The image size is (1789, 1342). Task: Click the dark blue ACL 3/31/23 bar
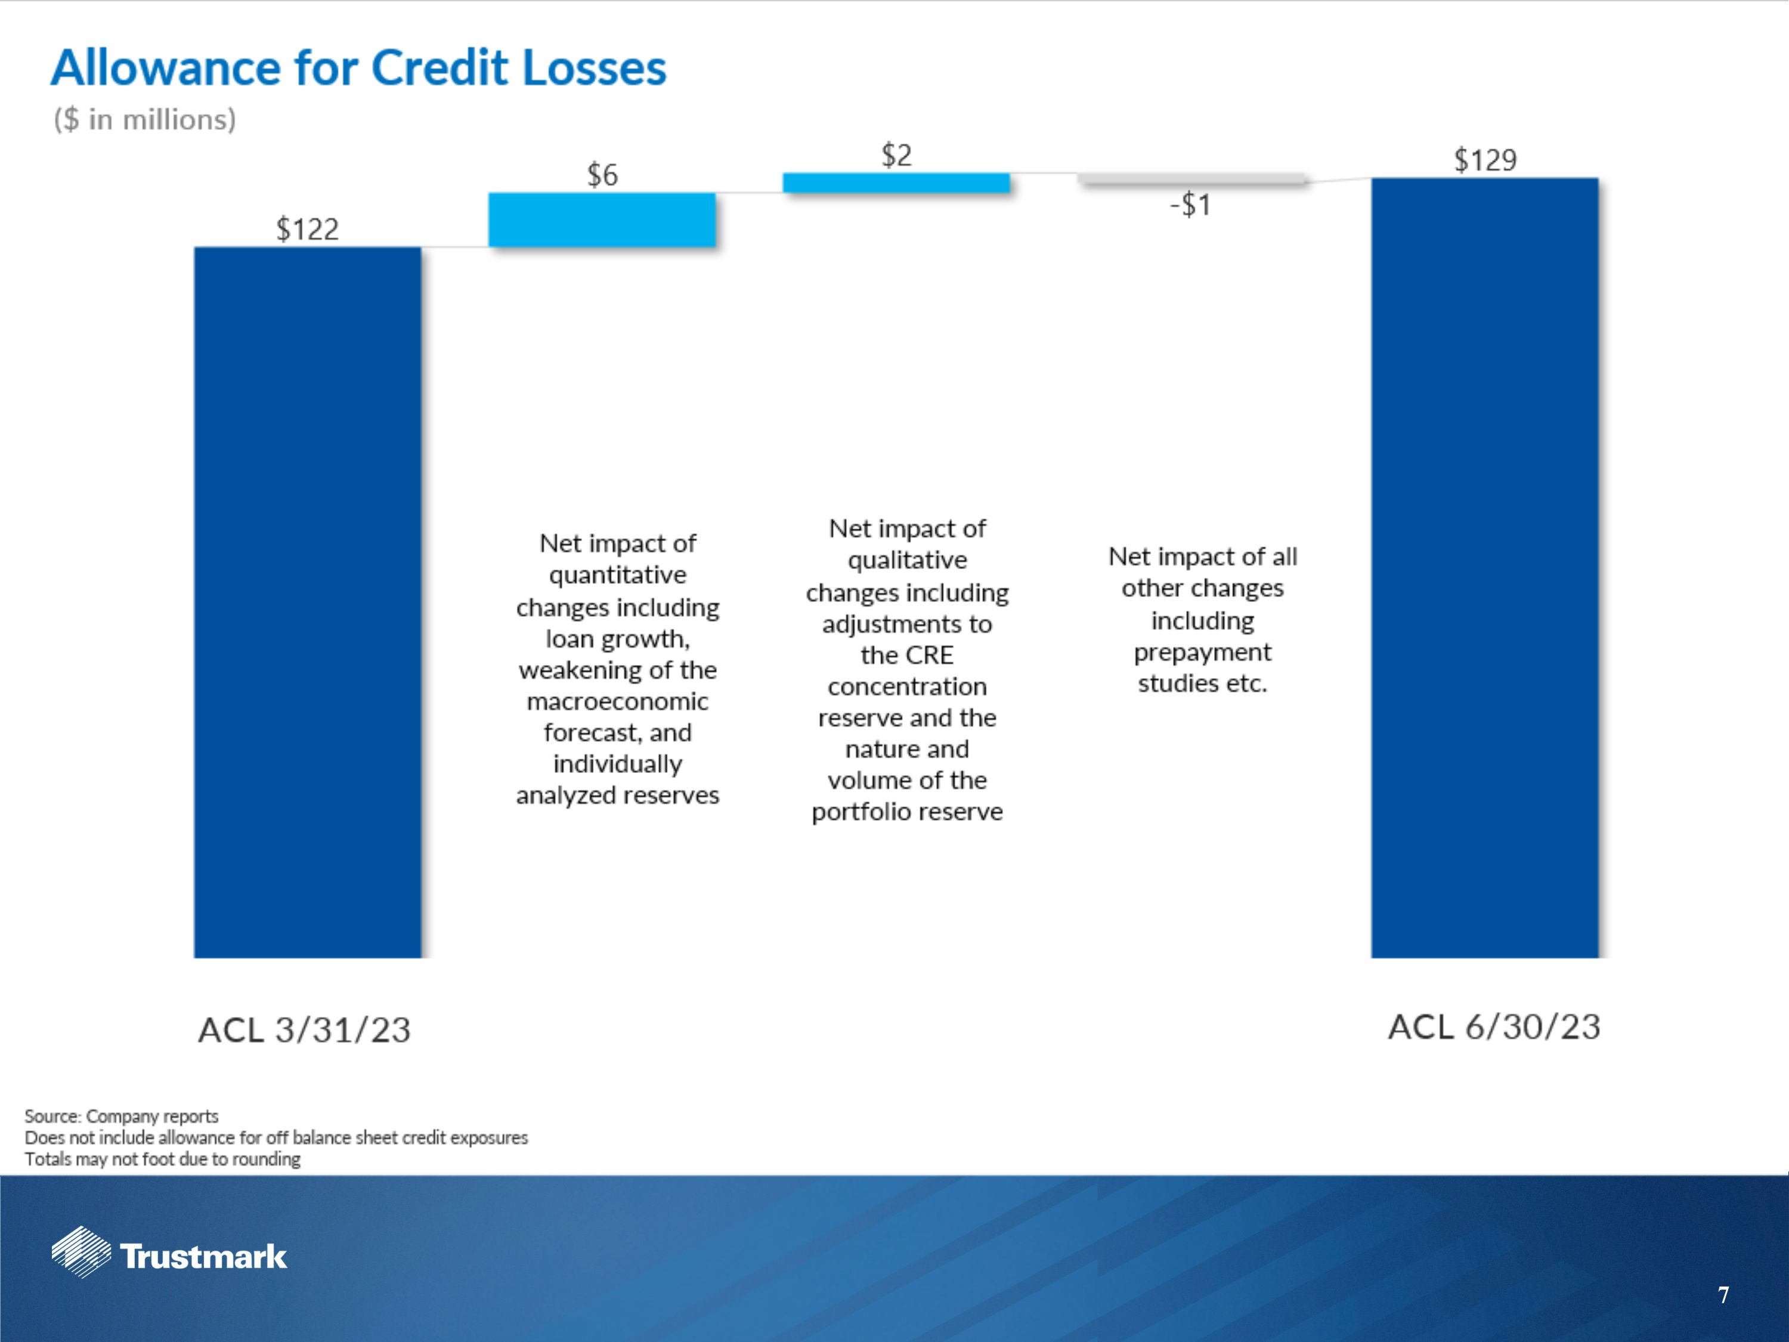[307, 602]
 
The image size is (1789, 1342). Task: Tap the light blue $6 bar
[602, 219]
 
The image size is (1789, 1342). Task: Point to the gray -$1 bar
[1191, 179]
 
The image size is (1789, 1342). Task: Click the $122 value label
[307, 230]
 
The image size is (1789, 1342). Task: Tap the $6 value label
[602, 175]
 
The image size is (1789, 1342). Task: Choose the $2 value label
[896, 155]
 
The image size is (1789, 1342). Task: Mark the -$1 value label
[1190, 205]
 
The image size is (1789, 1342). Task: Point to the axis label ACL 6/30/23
[1494, 1027]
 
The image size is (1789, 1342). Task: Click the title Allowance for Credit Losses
[358, 67]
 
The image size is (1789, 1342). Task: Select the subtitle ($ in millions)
[145, 120]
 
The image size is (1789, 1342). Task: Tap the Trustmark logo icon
[81, 1252]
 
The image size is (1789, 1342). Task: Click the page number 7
[1723, 1295]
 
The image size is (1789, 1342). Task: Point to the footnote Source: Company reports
[121, 1117]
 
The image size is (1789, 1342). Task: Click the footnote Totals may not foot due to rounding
[163, 1159]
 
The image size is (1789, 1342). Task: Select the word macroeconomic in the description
[617, 701]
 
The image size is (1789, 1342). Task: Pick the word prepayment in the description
[1202, 652]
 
